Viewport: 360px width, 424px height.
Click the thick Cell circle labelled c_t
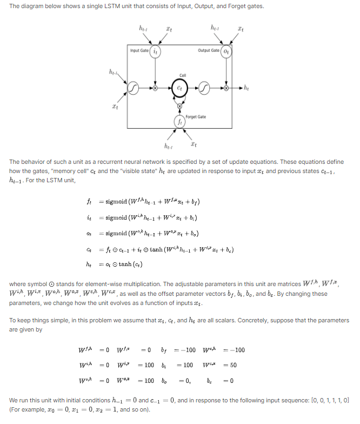[x=179, y=87]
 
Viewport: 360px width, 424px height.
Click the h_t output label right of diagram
[x=248, y=87]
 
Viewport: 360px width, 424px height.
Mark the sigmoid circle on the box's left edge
[x=132, y=87]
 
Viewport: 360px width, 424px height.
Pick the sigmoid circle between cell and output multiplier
[x=204, y=87]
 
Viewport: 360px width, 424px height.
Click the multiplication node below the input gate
[x=156, y=87]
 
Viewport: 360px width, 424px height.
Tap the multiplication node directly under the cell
[x=179, y=106]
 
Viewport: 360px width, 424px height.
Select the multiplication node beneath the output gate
[x=228, y=87]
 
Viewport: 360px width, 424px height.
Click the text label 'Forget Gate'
[x=195, y=116]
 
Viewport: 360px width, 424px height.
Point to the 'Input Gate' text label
[x=140, y=50]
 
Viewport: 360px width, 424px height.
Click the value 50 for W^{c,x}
[x=234, y=366]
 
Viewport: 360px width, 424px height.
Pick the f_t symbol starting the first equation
[x=89, y=202]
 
